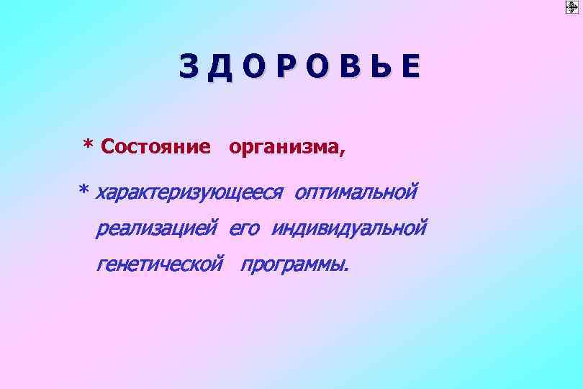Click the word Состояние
click(156, 147)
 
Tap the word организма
click(283, 148)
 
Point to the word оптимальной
click(356, 192)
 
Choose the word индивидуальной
click(349, 228)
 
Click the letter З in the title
click(189, 67)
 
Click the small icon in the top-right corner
click(572, 8)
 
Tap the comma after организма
click(341, 153)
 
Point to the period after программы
click(345, 271)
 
